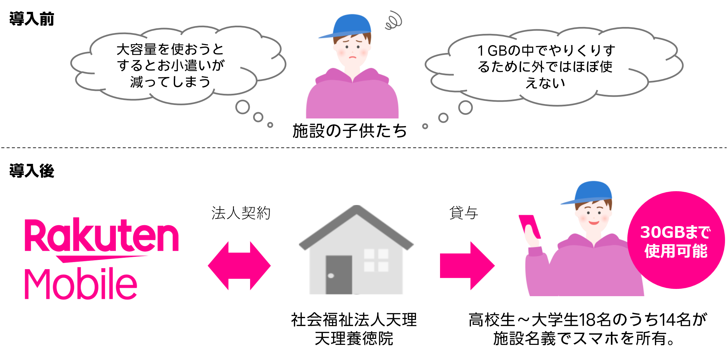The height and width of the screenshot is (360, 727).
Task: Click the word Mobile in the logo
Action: coord(81,284)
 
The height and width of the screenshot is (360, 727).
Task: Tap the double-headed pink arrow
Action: coord(239,266)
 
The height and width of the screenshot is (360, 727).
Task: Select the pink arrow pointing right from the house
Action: coord(467,266)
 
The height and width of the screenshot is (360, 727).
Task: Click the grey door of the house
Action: coord(339,275)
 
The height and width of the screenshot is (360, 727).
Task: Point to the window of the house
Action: coord(376,260)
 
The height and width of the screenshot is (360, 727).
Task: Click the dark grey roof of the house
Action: coord(356,224)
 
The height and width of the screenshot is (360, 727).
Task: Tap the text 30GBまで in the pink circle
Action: coord(675,233)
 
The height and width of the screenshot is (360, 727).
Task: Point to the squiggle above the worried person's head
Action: coord(393,20)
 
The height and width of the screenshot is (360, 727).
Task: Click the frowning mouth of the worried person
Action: coord(353,57)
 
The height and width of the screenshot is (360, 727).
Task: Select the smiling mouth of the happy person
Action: coord(594,223)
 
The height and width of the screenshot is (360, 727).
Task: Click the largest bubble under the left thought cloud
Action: coord(243,107)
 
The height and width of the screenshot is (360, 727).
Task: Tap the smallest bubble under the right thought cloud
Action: coord(425,126)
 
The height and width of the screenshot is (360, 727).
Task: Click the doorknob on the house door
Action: coord(331,276)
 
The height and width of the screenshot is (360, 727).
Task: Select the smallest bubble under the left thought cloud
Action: coord(270,125)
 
